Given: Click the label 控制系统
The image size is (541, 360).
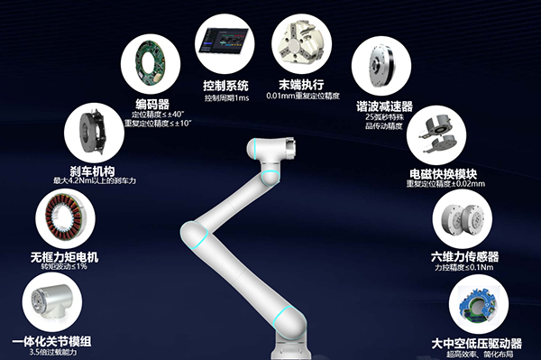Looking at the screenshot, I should click(x=225, y=85).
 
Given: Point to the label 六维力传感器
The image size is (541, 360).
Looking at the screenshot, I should click(x=465, y=256).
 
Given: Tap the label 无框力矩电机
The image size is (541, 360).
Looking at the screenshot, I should click(x=64, y=257).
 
